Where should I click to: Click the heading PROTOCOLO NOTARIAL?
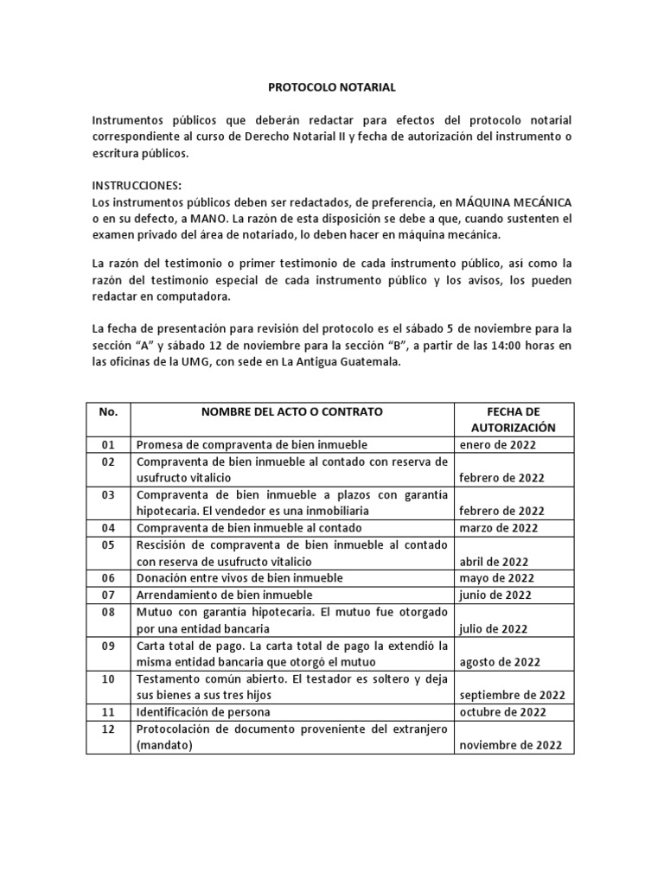coord(331,87)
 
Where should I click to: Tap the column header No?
coord(108,411)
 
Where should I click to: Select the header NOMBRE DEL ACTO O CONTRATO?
coord(292,411)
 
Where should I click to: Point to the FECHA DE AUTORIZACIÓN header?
coord(514,419)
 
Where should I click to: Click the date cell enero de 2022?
coord(497,445)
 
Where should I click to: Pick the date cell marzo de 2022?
coord(498,528)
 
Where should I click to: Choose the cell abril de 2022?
coord(493,561)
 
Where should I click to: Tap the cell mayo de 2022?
coord(495,578)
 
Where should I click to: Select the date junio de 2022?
coord(496,595)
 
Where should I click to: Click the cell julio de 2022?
coord(493,628)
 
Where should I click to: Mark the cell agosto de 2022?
coord(500,662)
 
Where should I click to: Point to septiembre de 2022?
coord(512,696)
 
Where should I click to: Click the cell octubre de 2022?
coord(502,712)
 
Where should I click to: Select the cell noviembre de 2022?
coord(510,746)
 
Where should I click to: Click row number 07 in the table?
coord(107,595)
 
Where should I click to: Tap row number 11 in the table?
coord(107,712)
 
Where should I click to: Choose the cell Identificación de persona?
coord(203,712)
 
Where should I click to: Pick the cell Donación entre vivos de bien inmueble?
coord(239,578)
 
